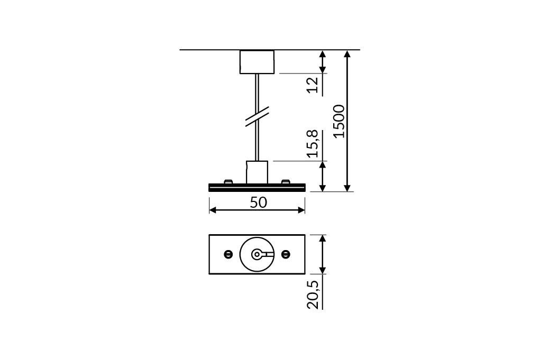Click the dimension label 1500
coord(340,121)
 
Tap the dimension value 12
coord(313,85)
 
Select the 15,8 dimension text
coord(313,143)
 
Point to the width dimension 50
coord(258,202)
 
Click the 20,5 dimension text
coord(313,294)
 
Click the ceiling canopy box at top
coord(257,62)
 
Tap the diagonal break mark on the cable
coord(257,116)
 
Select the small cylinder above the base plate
coord(257,172)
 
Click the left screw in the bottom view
coord(228,254)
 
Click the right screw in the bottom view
coord(286,254)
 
